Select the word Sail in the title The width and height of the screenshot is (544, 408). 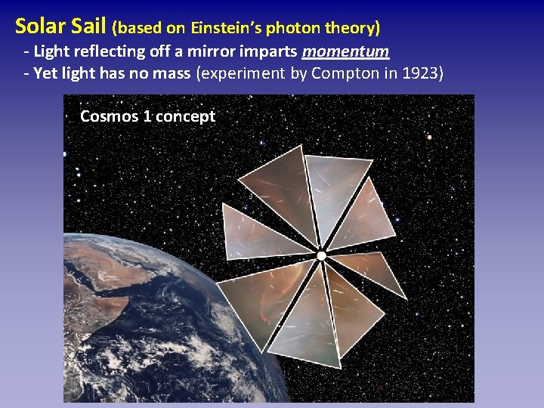[x=91, y=26]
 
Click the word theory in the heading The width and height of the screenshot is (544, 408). [x=351, y=29]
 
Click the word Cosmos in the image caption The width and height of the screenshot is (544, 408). [x=109, y=116]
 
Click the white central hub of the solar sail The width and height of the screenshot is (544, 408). [x=321, y=256]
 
